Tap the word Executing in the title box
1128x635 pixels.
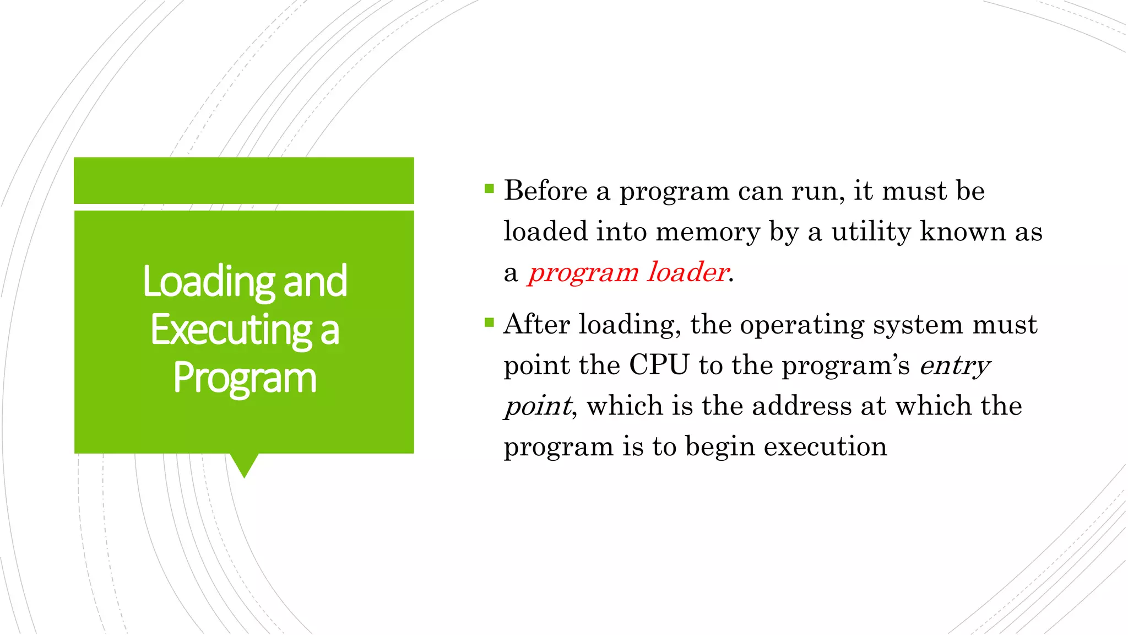pos(231,331)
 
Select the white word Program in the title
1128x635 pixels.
pos(245,379)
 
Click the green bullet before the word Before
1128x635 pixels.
pos(489,189)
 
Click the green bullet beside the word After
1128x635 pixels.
pos(489,322)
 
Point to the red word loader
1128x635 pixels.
pos(688,272)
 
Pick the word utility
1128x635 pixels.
pos(871,231)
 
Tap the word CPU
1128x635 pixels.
pos(659,365)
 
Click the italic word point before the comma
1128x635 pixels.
pos(538,407)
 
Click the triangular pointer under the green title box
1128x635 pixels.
pos(244,464)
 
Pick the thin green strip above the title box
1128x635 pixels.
pos(244,180)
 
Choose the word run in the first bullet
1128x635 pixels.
pos(817,191)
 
